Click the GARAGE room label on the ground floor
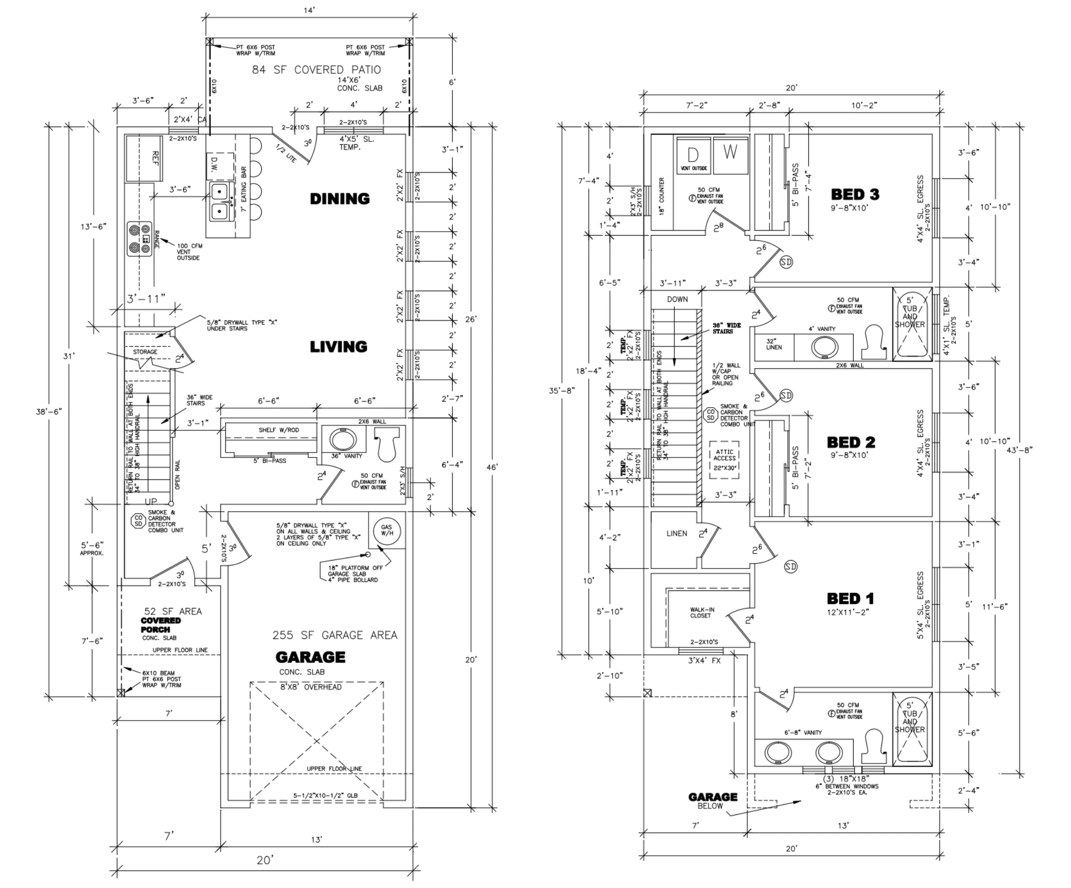310,657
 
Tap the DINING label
340,198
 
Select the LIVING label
338,347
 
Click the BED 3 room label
855,194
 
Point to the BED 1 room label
850,598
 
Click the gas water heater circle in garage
387,531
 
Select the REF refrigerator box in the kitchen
144,158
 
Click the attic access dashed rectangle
724,459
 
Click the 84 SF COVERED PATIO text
316,70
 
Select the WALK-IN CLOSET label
702,613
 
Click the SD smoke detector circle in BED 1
791,567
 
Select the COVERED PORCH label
161,625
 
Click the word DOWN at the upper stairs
677,299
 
